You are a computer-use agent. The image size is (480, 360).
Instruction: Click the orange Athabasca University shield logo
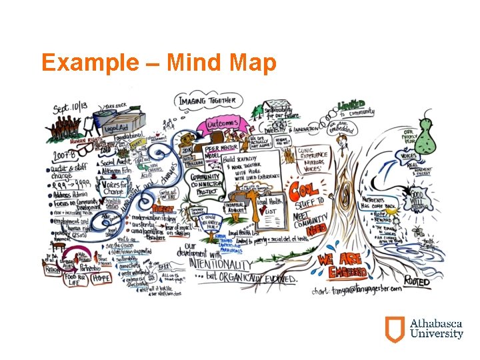coord(394,329)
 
